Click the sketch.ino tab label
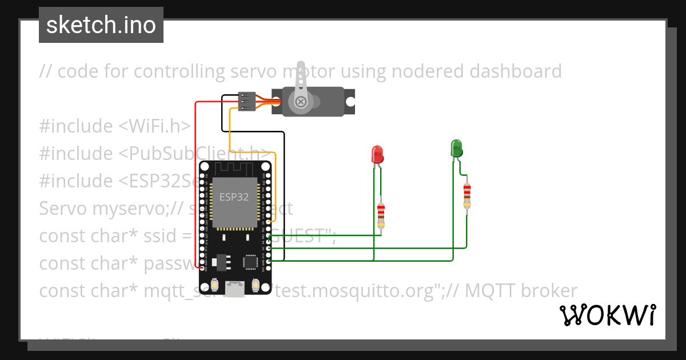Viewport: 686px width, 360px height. point(101,25)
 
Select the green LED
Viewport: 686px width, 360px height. point(456,148)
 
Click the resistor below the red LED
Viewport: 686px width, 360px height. point(381,215)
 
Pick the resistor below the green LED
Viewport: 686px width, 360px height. point(467,195)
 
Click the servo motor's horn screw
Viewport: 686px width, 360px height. point(300,102)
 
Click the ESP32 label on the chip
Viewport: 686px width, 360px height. point(234,197)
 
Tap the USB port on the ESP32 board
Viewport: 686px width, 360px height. point(234,289)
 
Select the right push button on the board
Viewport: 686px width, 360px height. point(255,284)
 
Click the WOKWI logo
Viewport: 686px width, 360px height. point(607,315)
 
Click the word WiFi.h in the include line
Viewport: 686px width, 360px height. point(155,126)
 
